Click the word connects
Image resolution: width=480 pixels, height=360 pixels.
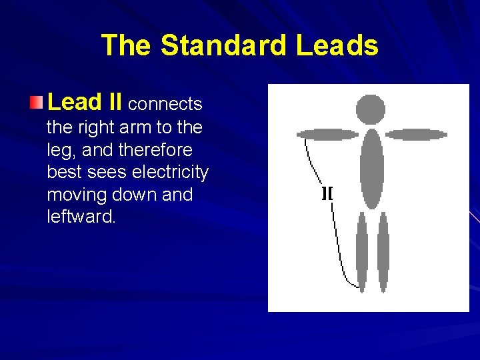(x=165, y=105)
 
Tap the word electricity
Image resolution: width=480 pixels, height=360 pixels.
(x=170, y=173)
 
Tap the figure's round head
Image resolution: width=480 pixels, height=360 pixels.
(x=371, y=109)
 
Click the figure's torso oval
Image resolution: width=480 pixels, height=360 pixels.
(x=371, y=166)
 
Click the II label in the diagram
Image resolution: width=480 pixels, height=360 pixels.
(x=327, y=194)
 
